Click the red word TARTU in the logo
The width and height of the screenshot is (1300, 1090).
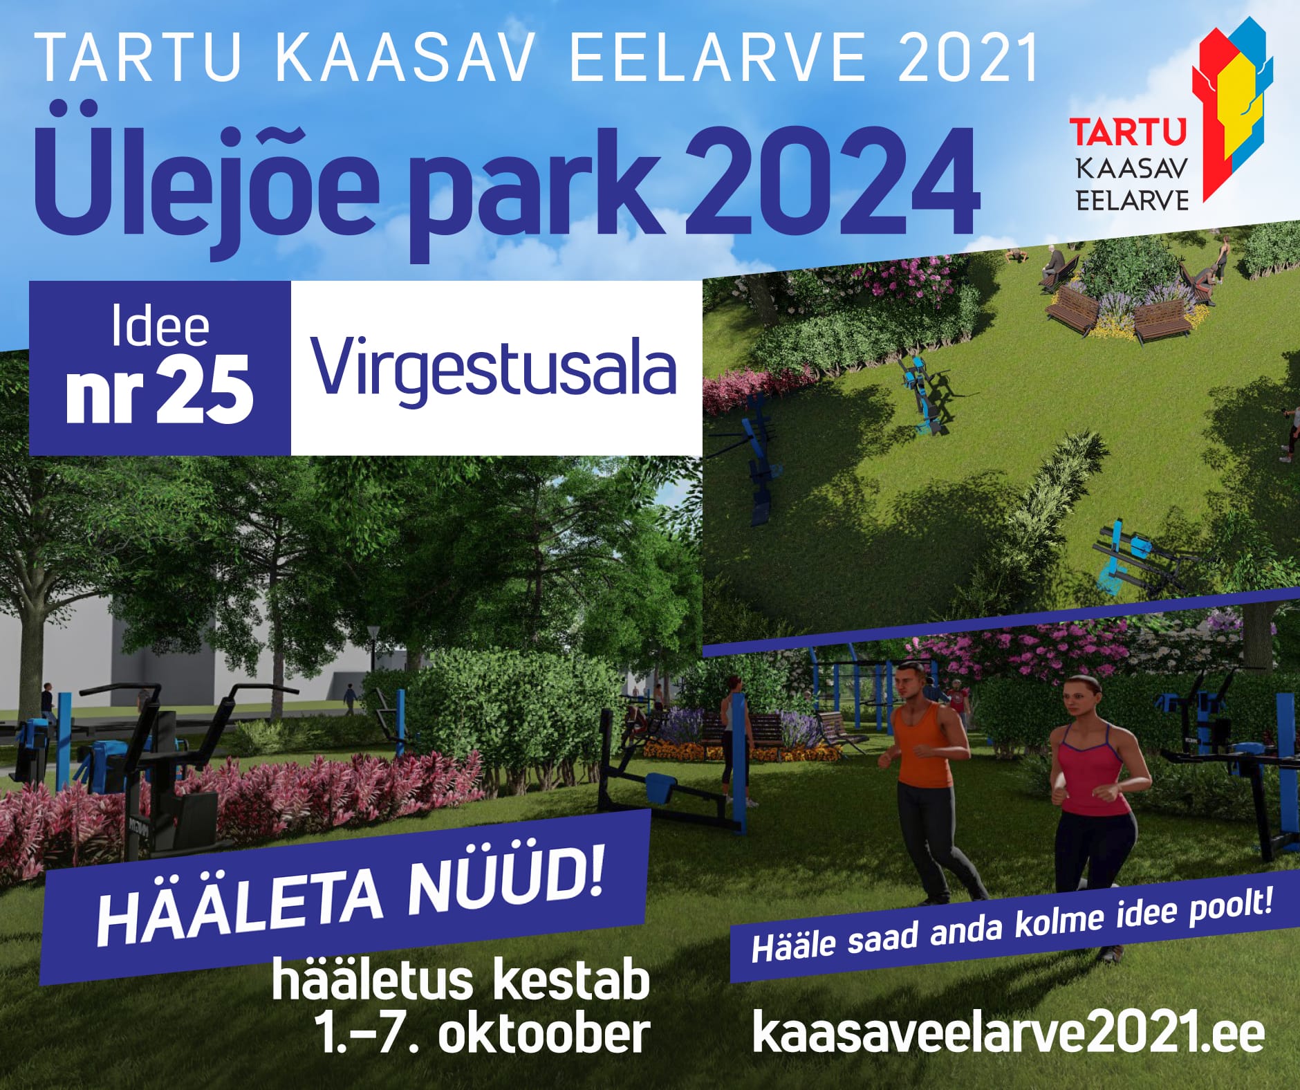pyautogui.click(x=1128, y=133)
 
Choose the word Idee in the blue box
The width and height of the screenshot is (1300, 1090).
pyautogui.click(x=160, y=328)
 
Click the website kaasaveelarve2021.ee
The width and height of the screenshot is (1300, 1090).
pyautogui.click(x=1008, y=1032)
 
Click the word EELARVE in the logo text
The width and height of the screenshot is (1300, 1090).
pyautogui.click(x=1133, y=201)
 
